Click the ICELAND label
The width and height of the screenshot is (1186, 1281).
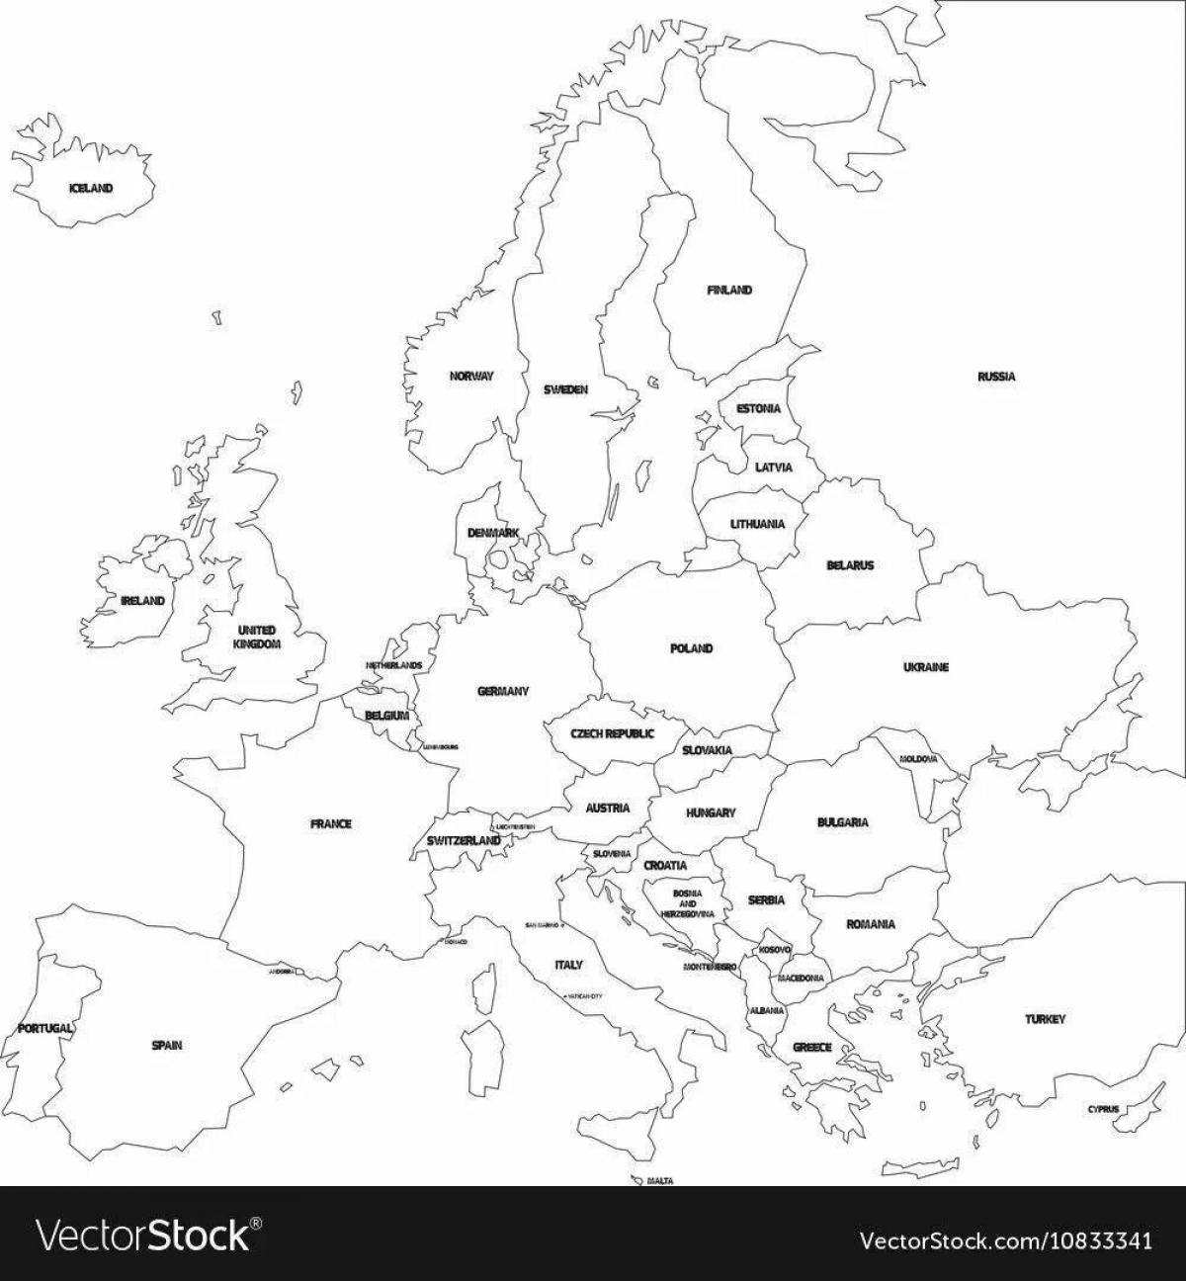coord(91,188)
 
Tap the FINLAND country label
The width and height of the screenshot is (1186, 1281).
coord(729,291)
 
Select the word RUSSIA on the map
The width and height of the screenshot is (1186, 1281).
coord(996,377)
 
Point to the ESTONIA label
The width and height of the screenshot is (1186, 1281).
coord(758,408)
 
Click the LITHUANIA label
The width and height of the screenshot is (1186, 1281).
coord(757,524)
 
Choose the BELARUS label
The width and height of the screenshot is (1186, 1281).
coord(850,566)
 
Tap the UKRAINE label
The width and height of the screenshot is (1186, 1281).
coord(925,667)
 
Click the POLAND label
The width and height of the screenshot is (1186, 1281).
coord(691,648)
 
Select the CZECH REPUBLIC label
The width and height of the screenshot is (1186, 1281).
coord(613,734)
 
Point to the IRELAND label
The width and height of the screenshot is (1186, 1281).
coord(142,600)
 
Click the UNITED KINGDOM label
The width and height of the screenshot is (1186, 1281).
coord(257,637)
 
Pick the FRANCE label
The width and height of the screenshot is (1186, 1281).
coord(330,823)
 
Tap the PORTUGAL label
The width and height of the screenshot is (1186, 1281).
coord(45,1028)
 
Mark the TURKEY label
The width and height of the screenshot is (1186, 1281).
coord(1045,1019)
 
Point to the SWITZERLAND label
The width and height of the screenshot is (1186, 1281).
coord(464,840)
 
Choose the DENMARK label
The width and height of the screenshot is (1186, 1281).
coord(493,533)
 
